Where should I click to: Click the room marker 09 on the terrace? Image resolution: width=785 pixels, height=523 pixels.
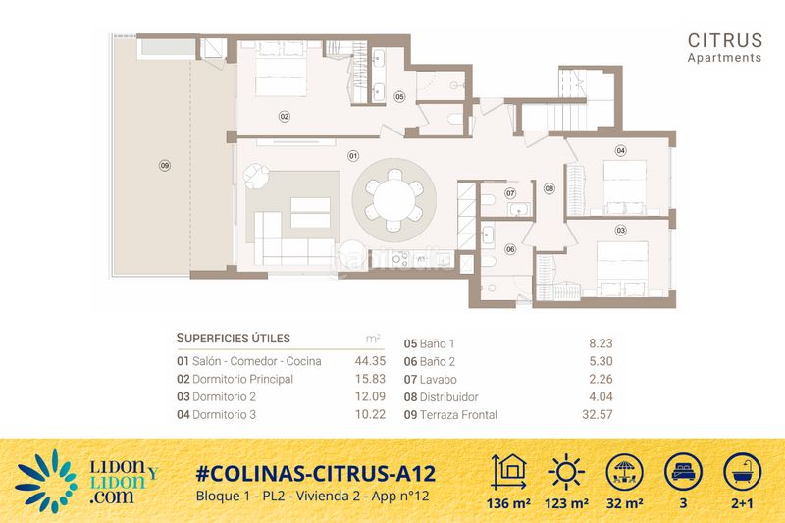(164, 165)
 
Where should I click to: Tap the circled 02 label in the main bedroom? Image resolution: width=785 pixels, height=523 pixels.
(284, 117)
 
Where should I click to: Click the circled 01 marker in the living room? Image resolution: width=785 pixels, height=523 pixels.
(353, 156)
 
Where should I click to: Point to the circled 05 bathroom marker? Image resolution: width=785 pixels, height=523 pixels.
(399, 96)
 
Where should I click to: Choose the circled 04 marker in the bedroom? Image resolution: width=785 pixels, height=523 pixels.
(620, 151)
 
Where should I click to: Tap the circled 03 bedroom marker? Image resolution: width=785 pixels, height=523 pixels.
(620, 231)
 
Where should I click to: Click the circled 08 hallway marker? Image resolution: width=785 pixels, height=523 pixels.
(549, 188)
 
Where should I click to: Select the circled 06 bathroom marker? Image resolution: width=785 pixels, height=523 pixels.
(509, 249)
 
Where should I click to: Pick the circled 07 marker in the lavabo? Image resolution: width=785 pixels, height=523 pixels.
(509, 193)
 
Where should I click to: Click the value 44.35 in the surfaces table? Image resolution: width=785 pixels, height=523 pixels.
(370, 361)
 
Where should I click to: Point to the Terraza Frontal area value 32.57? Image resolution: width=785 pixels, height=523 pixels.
(598, 414)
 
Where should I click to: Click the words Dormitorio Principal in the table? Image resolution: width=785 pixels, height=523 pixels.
(242, 379)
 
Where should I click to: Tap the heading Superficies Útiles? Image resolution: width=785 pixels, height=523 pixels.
(234, 339)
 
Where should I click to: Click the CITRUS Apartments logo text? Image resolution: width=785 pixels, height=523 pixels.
(724, 47)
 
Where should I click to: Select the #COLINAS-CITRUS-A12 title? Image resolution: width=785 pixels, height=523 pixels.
(316, 474)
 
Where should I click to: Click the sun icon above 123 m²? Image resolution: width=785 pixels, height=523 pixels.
(566, 471)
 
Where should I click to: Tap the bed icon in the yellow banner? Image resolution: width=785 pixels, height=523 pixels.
(683, 472)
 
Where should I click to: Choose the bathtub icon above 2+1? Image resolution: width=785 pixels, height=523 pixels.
(743, 472)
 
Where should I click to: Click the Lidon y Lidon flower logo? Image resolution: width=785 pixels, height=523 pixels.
(46, 482)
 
